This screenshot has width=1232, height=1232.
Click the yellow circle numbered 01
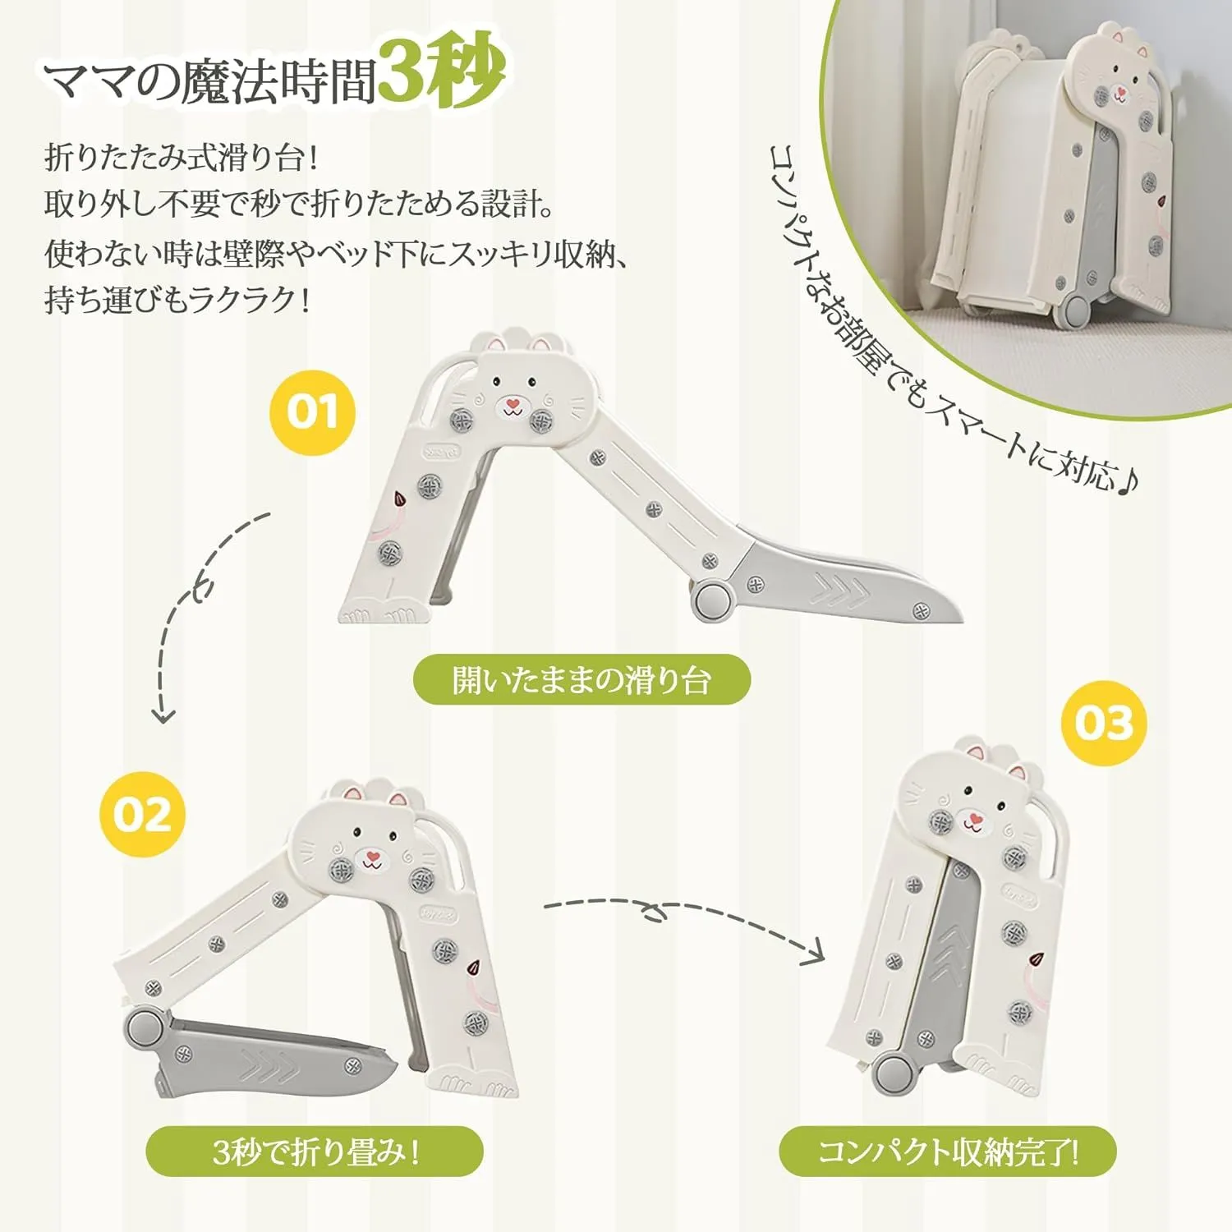pos(313,412)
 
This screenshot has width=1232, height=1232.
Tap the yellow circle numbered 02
pos(142,815)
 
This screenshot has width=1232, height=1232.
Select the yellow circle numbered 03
pos(1104,724)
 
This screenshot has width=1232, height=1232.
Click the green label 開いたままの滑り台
pos(582,680)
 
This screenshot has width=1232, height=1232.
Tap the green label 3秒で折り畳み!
pos(315,1152)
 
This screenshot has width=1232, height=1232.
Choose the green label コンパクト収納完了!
pos(948,1152)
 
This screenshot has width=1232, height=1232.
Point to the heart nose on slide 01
pos(513,404)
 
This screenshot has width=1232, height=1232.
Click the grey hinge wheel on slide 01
pos(712,600)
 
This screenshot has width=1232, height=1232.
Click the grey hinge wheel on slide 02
pos(145,1029)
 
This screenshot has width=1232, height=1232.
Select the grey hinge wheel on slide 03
pos(894,1073)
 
